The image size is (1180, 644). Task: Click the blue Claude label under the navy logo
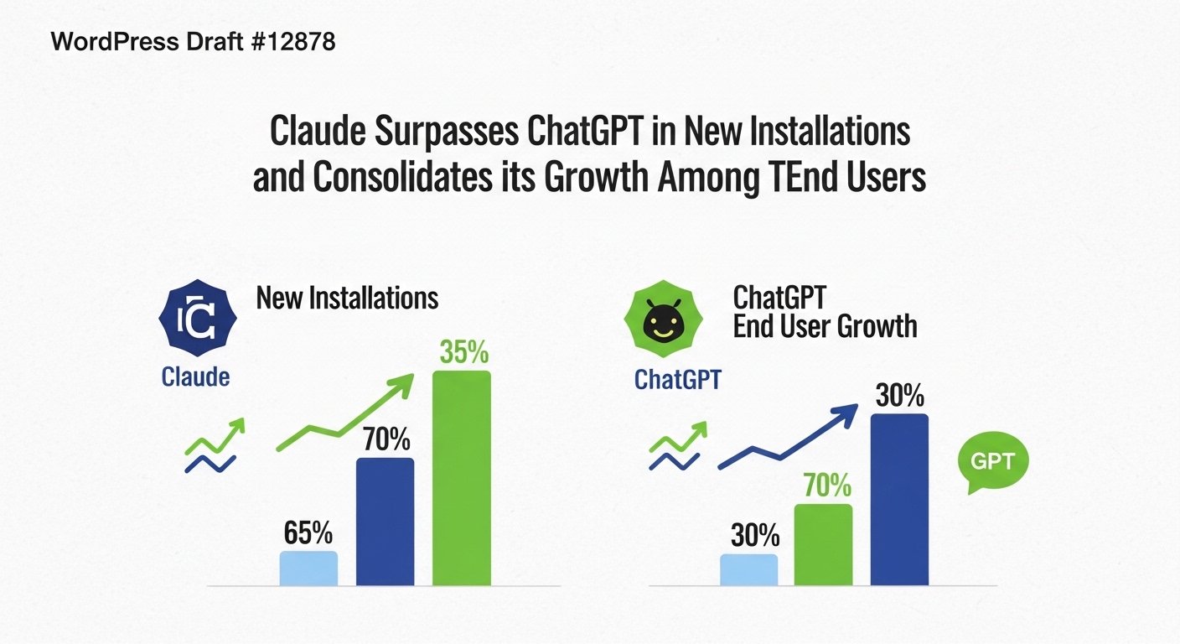coord(195,377)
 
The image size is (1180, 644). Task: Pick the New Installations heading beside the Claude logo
coord(347,298)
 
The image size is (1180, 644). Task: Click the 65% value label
coord(308,533)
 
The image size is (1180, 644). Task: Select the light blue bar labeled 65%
coord(308,568)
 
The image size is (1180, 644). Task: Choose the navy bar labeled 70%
coord(385,521)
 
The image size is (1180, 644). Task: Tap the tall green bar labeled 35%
coord(461,477)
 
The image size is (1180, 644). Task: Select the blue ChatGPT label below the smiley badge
coord(677,380)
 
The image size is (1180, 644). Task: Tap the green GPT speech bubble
coord(991,463)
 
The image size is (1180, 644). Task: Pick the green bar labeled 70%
coord(823,544)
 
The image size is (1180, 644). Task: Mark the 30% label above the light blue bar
coord(755,536)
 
